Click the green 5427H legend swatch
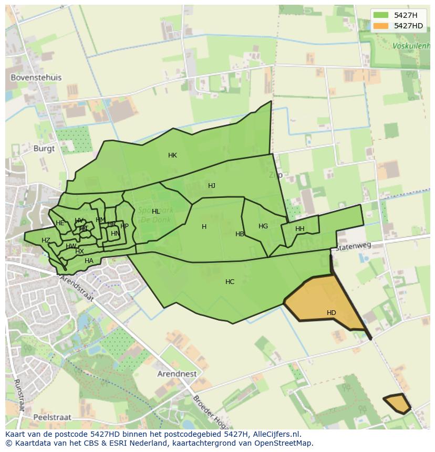(x=381, y=16)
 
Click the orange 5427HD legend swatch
(x=381, y=26)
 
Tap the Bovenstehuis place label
(x=36, y=77)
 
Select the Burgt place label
(x=44, y=148)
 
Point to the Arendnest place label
(x=177, y=374)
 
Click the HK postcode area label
(x=172, y=155)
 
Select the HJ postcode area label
(x=212, y=186)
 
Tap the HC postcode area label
(x=230, y=282)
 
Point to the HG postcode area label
(x=263, y=226)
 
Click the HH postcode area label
(x=300, y=229)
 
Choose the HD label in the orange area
(x=331, y=313)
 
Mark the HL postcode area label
(x=156, y=212)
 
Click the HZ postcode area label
(x=46, y=240)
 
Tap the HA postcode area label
(x=89, y=261)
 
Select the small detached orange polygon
(x=397, y=403)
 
